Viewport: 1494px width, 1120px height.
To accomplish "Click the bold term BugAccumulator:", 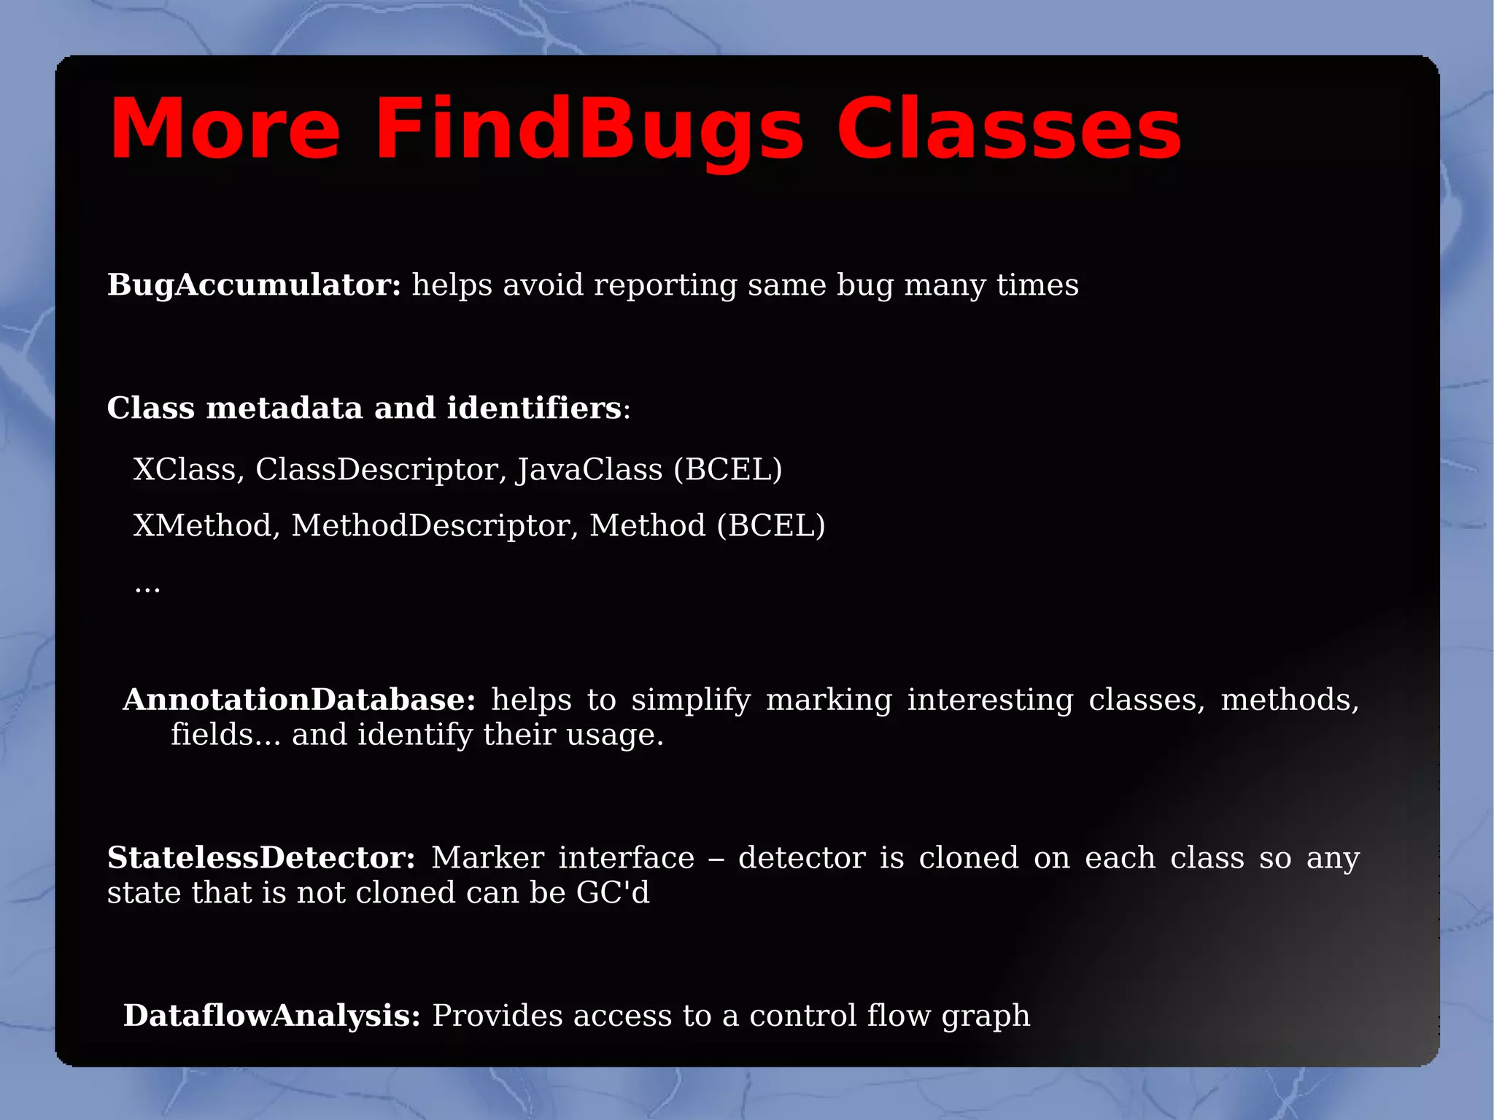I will click(x=254, y=285).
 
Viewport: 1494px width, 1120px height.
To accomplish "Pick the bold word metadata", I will click(x=285, y=408).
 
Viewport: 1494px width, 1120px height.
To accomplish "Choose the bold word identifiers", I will click(x=534, y=408).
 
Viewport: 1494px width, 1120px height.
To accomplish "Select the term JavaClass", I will click(x=589, y=469).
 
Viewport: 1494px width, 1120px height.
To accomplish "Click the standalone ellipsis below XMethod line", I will click(x=147, y=587).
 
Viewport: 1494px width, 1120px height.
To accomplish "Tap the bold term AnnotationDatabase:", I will click(x=299, y=700).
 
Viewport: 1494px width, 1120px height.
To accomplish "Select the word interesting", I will click(x=990, y=700).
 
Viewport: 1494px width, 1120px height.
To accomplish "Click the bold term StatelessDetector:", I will click(x=261, y=858).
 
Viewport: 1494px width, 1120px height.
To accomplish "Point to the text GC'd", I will click(x=613, y=892).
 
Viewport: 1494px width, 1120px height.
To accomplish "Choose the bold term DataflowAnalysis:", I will click(x=271, y=1016).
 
